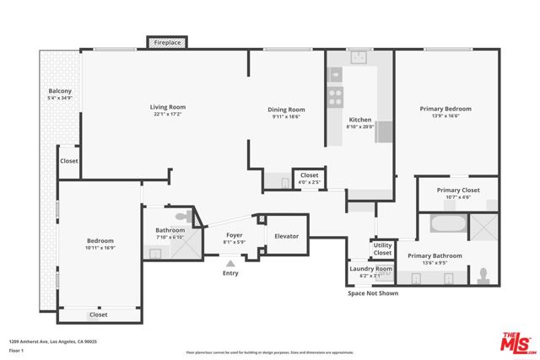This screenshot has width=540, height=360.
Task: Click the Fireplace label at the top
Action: coord(166,41)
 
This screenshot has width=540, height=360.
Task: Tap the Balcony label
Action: coord(60,91)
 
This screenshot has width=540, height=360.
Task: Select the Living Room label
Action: coord(168,107)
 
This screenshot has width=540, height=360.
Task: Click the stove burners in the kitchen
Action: coord(335,94)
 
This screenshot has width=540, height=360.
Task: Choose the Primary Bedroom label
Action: coord(445,109)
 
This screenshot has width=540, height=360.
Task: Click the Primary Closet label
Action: coord(458,191)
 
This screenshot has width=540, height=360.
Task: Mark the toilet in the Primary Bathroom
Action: coord(483,275)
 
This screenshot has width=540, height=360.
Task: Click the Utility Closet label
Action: coord(382,250)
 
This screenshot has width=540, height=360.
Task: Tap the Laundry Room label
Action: coord(371,269)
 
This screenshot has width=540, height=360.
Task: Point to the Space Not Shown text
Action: coord(372,293)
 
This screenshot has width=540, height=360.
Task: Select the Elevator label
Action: coord(287,236)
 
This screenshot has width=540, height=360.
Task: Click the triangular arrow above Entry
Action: coord(230,262)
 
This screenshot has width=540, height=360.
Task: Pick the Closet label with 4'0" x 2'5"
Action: coord(309,181)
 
